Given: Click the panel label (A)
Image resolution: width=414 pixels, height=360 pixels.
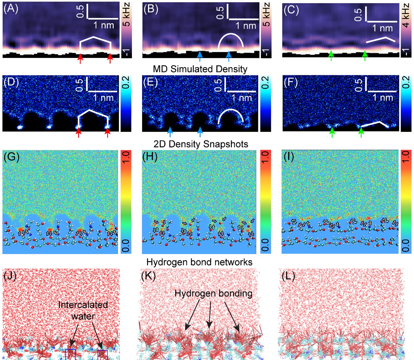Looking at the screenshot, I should click(x=11, y=9).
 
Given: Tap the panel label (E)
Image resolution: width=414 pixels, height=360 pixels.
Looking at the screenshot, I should click(x=151, y=83).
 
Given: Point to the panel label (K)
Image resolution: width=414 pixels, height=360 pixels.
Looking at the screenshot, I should click(x=148, y=275).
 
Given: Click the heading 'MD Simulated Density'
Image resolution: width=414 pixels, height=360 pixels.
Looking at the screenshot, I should click(x=200, y=69).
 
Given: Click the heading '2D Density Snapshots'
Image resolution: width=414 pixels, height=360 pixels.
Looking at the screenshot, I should click(x=201, y=144).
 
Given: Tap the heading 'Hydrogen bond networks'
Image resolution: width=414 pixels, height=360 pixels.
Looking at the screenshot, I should click(x=199, y=262).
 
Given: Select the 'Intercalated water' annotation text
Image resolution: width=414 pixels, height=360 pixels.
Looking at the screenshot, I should click(x=83, y=310).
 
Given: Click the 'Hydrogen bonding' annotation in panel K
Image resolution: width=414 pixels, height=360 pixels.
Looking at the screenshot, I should click(x=213, y=293).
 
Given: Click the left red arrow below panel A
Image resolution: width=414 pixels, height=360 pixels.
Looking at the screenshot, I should click(x=81, y=58).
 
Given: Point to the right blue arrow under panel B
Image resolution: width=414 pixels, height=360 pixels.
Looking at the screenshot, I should click(x=229, y=56).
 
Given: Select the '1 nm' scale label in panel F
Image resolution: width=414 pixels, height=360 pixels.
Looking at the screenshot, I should click(x=382, y=98).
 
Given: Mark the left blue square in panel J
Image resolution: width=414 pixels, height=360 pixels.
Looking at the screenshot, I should click(x=70, y=354).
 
